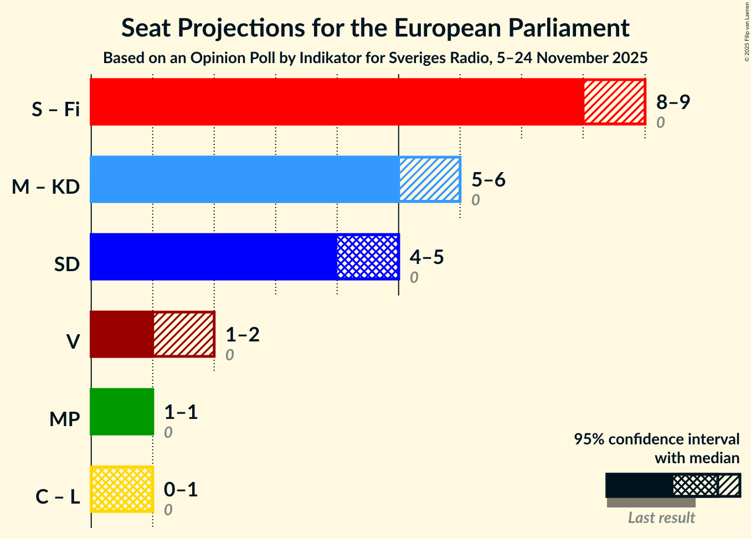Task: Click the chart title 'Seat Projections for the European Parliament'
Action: tap(375, 28)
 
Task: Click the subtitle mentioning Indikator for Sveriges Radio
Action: tap(375, 58)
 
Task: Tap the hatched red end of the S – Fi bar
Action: tap(614, 102)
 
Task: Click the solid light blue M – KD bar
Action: tap(244, 179)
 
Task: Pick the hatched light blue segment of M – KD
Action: tap(429, 179)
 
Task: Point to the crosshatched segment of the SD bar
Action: tap(368, 257)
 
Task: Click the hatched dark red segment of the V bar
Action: tap(183, 334)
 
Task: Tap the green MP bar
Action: tap(122, 412)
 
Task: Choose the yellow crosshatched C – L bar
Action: tap(122, 489)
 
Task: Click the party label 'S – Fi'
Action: tap(55, 110)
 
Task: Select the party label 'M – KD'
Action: tap(46, 187)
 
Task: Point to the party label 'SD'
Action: tap(67, 265)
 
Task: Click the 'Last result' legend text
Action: tap(661, 517)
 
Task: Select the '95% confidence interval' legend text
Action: tap(656, 439)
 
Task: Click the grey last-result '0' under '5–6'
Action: tap(475, 200)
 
